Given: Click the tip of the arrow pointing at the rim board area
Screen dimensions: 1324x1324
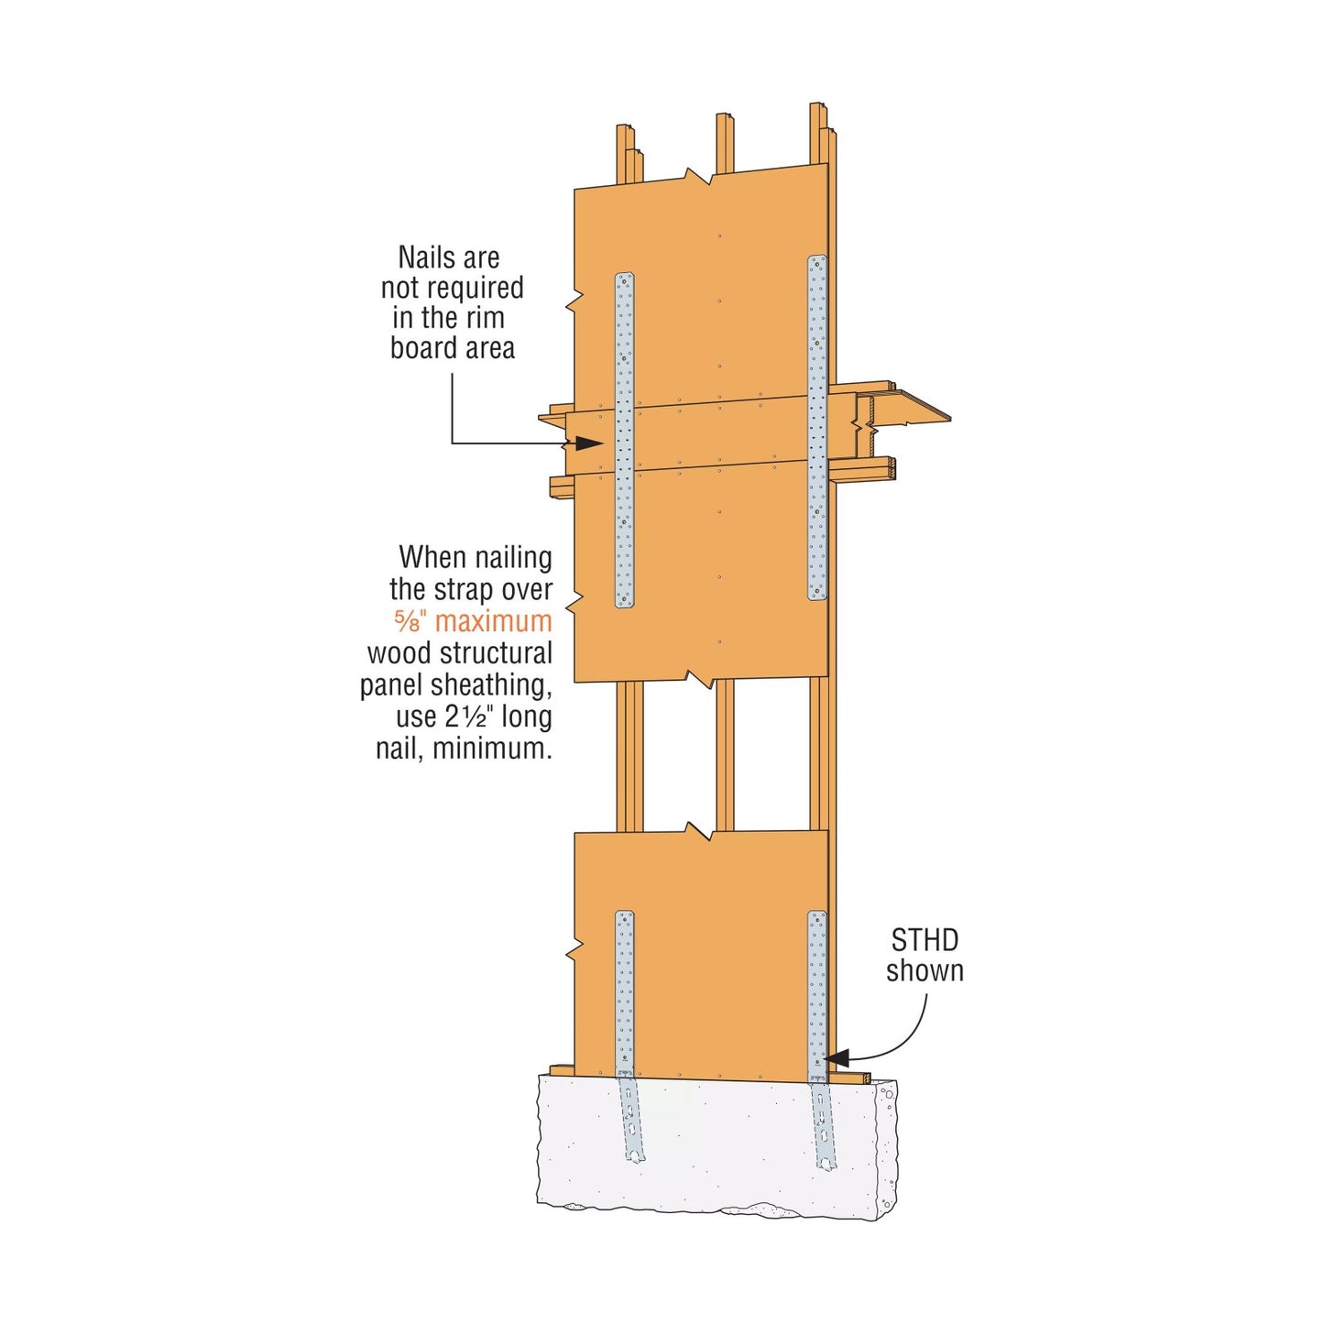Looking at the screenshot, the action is (604, 443).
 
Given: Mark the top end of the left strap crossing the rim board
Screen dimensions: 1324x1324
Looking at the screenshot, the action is (624, 274).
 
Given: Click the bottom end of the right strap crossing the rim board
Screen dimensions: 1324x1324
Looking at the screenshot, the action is (816, 599).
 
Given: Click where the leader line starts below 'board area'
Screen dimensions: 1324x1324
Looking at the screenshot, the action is (452, 373).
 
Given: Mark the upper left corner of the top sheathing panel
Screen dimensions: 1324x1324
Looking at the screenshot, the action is (574, 189).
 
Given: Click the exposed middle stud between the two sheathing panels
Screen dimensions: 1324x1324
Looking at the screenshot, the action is (725, 757).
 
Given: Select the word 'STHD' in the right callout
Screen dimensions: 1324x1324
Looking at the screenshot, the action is (925, 941).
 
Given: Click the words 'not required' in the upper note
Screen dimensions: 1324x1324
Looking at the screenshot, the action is (452, 288).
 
